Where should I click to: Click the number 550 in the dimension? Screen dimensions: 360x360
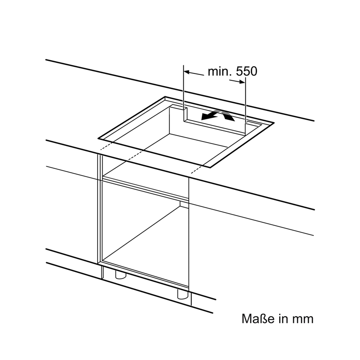coord(247,72)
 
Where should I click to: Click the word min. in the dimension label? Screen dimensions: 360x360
coord(220,72)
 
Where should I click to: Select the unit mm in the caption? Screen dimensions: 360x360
coord(303,320)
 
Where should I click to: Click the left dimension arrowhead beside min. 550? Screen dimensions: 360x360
coord(187,72)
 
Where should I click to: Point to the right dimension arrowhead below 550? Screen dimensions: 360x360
coord(242,82)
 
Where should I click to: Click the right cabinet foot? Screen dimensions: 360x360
coord(183,294)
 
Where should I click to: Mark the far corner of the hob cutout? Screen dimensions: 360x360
coord(165,97)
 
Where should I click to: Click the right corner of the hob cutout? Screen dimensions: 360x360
coord(274,123)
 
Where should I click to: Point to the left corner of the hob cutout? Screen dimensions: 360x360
coord(98,139)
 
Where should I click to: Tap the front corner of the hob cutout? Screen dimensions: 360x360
coord(210,167)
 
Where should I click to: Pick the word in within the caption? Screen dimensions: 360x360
coord(283,319)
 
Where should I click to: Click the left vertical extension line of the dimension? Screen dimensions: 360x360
coord(183,93)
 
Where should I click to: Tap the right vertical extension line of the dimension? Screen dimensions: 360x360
coord(246,106)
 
